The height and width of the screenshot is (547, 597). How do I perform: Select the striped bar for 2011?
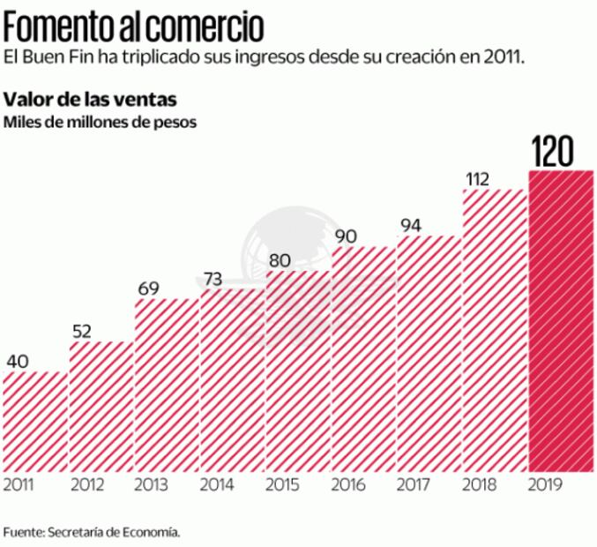[34, 421]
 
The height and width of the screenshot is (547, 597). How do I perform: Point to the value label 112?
[477, 179]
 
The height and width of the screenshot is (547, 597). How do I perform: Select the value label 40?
[19, 362]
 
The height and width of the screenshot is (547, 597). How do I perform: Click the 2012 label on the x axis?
[86, 484]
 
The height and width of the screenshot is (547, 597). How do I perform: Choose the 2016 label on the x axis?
[349, 484]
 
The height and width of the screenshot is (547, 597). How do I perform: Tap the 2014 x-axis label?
[218, 484]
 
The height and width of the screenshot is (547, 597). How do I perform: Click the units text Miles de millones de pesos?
[99, 121]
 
